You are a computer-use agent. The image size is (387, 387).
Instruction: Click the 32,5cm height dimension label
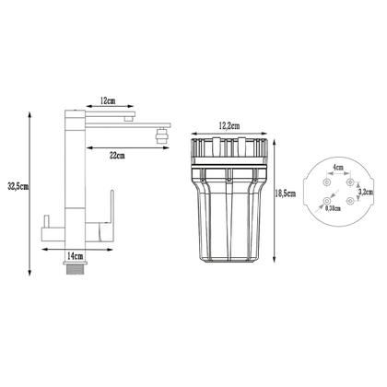pyautogui.click(x=18, y=187)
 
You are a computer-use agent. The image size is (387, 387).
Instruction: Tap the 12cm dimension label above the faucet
pyautogui.click(x=108, y=100)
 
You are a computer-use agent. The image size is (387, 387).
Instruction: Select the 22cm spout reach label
pyautogui.click(x=117, y=156)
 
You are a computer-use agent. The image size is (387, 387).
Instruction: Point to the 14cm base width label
pyautogui.click(x=76, y=255)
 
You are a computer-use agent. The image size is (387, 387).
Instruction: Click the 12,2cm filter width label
pyautogui.click(x=229, y=125)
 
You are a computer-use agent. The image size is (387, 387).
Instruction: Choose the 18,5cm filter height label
pyautogui.click(x=286, y=193)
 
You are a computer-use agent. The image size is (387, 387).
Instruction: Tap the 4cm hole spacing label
pyautogui.click(x=338, y=168)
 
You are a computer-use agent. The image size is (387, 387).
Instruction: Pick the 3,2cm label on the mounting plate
pyautogui.click(x=366, y=192)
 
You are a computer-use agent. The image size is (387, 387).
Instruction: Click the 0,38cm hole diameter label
pyautogui.click(x=333, y=208)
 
